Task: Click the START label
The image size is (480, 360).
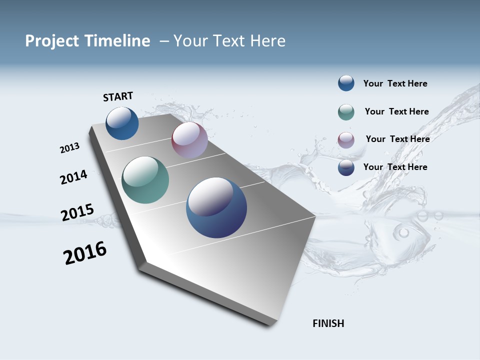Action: coord(118,96)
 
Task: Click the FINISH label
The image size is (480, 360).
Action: coord(328,323)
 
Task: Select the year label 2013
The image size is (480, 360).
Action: coord(69,148)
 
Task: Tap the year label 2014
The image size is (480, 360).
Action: coord(73,177)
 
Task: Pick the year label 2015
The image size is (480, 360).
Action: coord(77,212)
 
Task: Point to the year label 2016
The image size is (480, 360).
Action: coord(85,252)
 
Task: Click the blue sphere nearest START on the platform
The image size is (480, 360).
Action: coord(122,123)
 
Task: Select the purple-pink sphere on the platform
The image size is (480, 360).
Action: coord(189,140)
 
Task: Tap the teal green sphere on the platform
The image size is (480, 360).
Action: coord(145,180)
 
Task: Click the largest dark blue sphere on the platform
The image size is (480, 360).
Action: coord(216,207)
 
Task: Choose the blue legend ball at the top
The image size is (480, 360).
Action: coord(346,83)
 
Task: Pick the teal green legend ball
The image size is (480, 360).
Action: coord(346,112)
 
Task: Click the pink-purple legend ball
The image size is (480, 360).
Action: coord(346,140)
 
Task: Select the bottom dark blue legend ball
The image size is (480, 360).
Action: coord(346,167)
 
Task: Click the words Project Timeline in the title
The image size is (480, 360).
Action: coord(87,41)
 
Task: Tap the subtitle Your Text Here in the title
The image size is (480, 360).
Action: coord(229,41)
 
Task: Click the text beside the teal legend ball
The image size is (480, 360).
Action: coord(396,111)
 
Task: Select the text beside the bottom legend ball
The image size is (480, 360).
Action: coord(395,167)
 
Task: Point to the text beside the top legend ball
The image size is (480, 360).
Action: coord(395,83)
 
